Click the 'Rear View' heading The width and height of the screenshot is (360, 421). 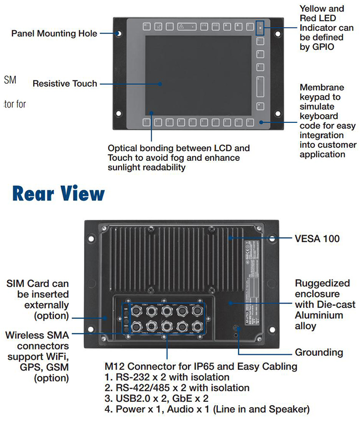[x=58, y=193]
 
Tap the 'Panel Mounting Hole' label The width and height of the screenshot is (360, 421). [x=54, y=34]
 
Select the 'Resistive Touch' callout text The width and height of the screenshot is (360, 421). [x=64, y=84]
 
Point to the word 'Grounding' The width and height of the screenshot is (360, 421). [x=319, y=352]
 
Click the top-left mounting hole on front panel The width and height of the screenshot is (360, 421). [x=118, y=34]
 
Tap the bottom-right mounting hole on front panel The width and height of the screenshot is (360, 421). [x=277, y=114]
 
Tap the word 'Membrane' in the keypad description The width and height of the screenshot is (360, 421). [x=322, y=87]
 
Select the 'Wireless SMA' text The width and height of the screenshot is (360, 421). [x=37, y=335]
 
